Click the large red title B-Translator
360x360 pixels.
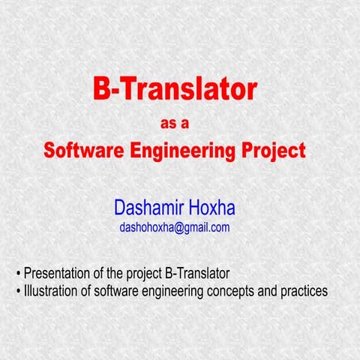pyautogui.click(x=175, y=90)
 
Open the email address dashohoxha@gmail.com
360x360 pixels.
pyautogui.click(x=174, y=227)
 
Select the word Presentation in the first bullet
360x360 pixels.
pyautogui.click(x=59, y=272)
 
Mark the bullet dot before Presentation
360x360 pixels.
pyautogui.click(x=18, y=273)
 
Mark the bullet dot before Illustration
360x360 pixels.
pyautogui.click(x=18, y=291)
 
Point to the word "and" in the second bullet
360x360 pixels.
pyautogui.click(x=266, y=290)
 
